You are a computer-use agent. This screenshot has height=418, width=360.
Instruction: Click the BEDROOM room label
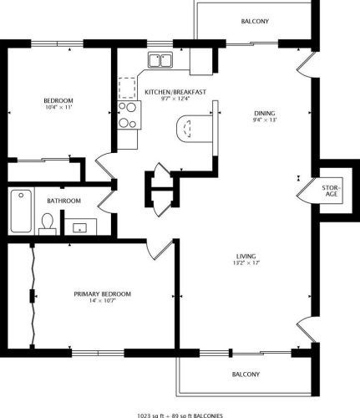pos(58,100)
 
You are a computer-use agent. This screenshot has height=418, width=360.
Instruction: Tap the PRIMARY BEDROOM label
pos(103,294)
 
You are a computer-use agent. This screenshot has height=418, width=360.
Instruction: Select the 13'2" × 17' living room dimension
pos(246,263)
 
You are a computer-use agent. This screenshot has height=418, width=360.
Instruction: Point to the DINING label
pos(265,114)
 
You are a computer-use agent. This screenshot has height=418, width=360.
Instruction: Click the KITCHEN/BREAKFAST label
pos(175,92)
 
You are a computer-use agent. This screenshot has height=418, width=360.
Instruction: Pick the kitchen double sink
pos(160,60)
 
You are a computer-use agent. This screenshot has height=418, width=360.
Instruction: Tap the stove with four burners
pos(129,115)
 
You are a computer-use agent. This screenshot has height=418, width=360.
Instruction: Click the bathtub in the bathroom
pos(21,211)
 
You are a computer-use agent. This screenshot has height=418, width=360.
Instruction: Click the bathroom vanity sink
pos(80,228)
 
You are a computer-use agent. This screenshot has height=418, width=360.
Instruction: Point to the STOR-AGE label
pos(332,191)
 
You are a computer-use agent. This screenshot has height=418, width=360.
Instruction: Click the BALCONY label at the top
pos(255,21)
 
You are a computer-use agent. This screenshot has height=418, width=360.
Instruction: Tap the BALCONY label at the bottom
pos(246,375)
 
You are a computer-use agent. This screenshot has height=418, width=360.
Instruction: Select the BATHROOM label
pos(64,201)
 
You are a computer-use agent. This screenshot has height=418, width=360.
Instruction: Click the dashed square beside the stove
pos(127,88)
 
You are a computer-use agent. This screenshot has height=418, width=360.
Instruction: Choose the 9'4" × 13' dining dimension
pos(265,120)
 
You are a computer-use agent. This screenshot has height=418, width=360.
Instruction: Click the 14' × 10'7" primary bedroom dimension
pos(103,300)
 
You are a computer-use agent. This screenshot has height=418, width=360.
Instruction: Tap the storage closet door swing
pos(307,192)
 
